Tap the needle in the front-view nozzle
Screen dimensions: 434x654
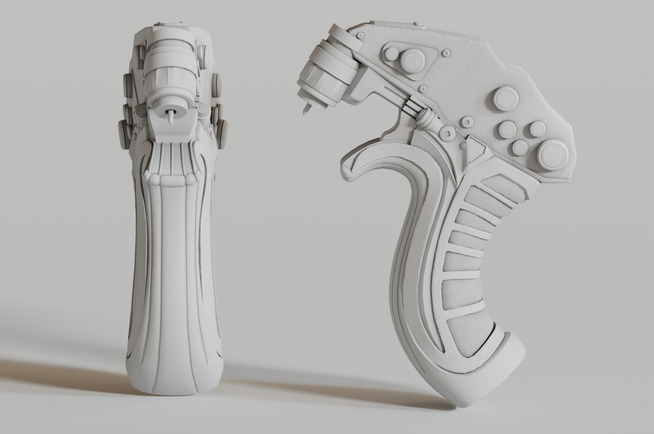click(x=170, y=117)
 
